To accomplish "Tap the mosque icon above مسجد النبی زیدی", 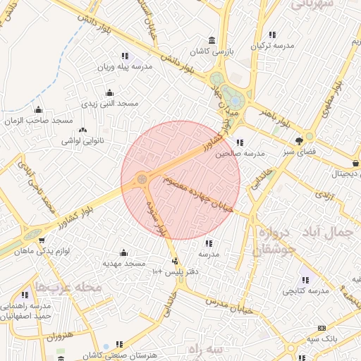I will [109, 92].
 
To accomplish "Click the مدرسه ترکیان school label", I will [272, 45].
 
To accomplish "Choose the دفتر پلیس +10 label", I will [177, 271].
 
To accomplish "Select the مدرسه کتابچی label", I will [306, 290].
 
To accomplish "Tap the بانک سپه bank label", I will [322, 340].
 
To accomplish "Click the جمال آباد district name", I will [331, 232].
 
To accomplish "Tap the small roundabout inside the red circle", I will [142, 179].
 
